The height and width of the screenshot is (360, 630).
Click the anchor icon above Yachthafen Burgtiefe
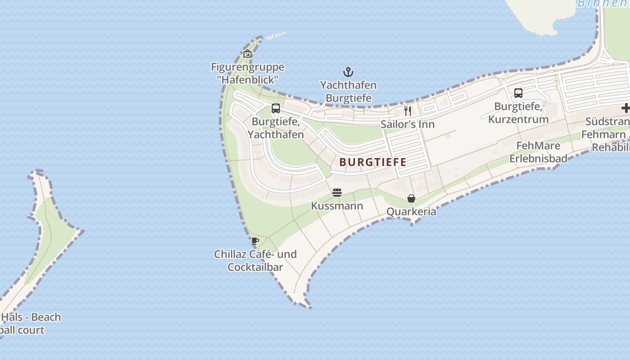click(348, 72)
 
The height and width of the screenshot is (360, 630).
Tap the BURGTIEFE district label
click(373, 162)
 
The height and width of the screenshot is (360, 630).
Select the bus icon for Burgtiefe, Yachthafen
click(276, 108)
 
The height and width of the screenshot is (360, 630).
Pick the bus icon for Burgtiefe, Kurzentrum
click(518, 93)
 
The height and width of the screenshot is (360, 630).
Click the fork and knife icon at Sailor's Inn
click(408, 111)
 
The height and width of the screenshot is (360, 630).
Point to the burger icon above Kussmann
click(337, 193)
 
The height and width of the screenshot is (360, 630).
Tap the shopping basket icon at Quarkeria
click(411, 198)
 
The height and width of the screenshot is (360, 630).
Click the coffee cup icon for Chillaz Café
click(255, 241)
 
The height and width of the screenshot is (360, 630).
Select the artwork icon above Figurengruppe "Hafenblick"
click(247, 54)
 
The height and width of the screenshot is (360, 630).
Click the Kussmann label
click(337, 206)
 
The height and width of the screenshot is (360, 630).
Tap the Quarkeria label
click(411, 211)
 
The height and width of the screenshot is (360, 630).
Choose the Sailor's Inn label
click(408, 124)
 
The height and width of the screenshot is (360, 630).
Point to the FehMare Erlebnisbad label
click(538, 152)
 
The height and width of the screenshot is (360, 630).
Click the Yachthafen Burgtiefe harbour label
click(348, 91)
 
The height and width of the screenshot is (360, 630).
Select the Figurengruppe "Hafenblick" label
click(247, 73)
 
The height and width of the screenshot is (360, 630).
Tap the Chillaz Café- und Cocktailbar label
click(255, 261)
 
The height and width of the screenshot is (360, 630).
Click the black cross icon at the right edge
click(625, 108)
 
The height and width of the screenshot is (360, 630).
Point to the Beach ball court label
click(27, 324)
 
